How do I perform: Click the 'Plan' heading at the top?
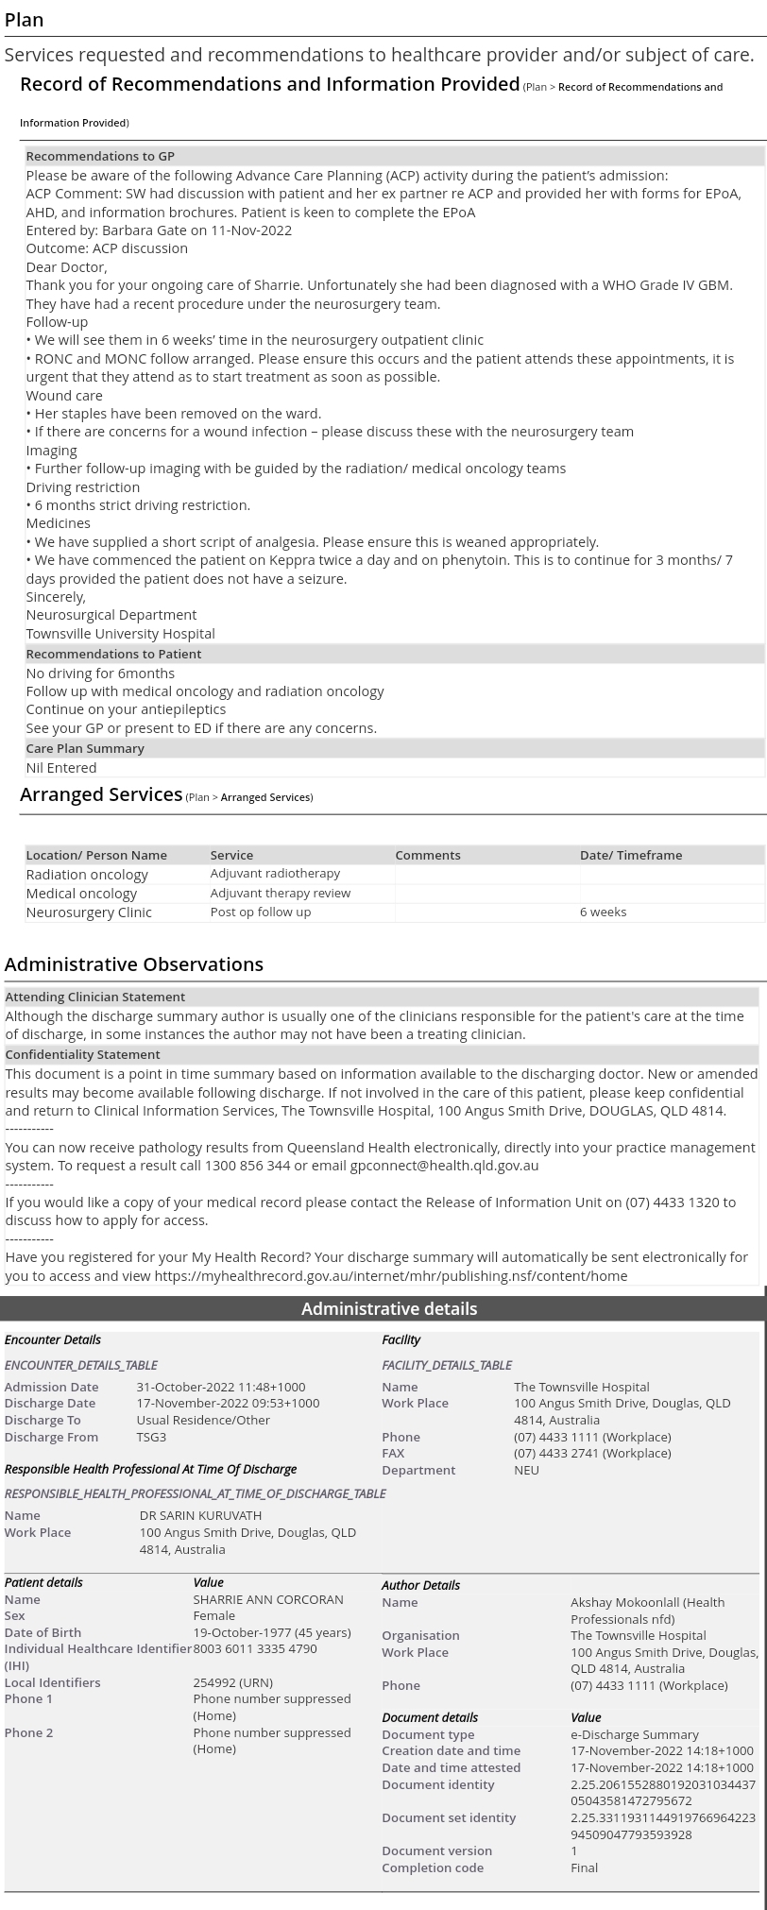point(24,20)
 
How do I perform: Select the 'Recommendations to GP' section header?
point(100,156)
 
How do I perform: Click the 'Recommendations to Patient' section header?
point(113,654)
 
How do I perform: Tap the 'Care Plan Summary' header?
point(85,748)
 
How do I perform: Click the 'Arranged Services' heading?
point(101,794)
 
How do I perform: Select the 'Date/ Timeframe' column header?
point(630,855)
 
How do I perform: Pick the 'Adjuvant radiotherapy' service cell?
point(275,874)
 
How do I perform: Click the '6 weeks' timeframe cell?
point(603,912)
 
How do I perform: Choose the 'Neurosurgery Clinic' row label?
point(89,912)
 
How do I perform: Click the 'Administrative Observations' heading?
point(134,964)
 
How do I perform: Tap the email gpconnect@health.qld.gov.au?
point(444,1165)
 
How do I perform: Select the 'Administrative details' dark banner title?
point(389,1308)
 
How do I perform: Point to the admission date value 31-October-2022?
point(220,1387)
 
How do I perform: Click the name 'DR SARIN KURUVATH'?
point(200,1515)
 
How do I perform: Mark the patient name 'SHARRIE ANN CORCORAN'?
point(268,1599)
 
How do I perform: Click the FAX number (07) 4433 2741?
point(592,1453)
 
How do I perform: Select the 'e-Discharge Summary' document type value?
point(635,1734)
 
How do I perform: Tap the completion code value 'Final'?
point(584,1867)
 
